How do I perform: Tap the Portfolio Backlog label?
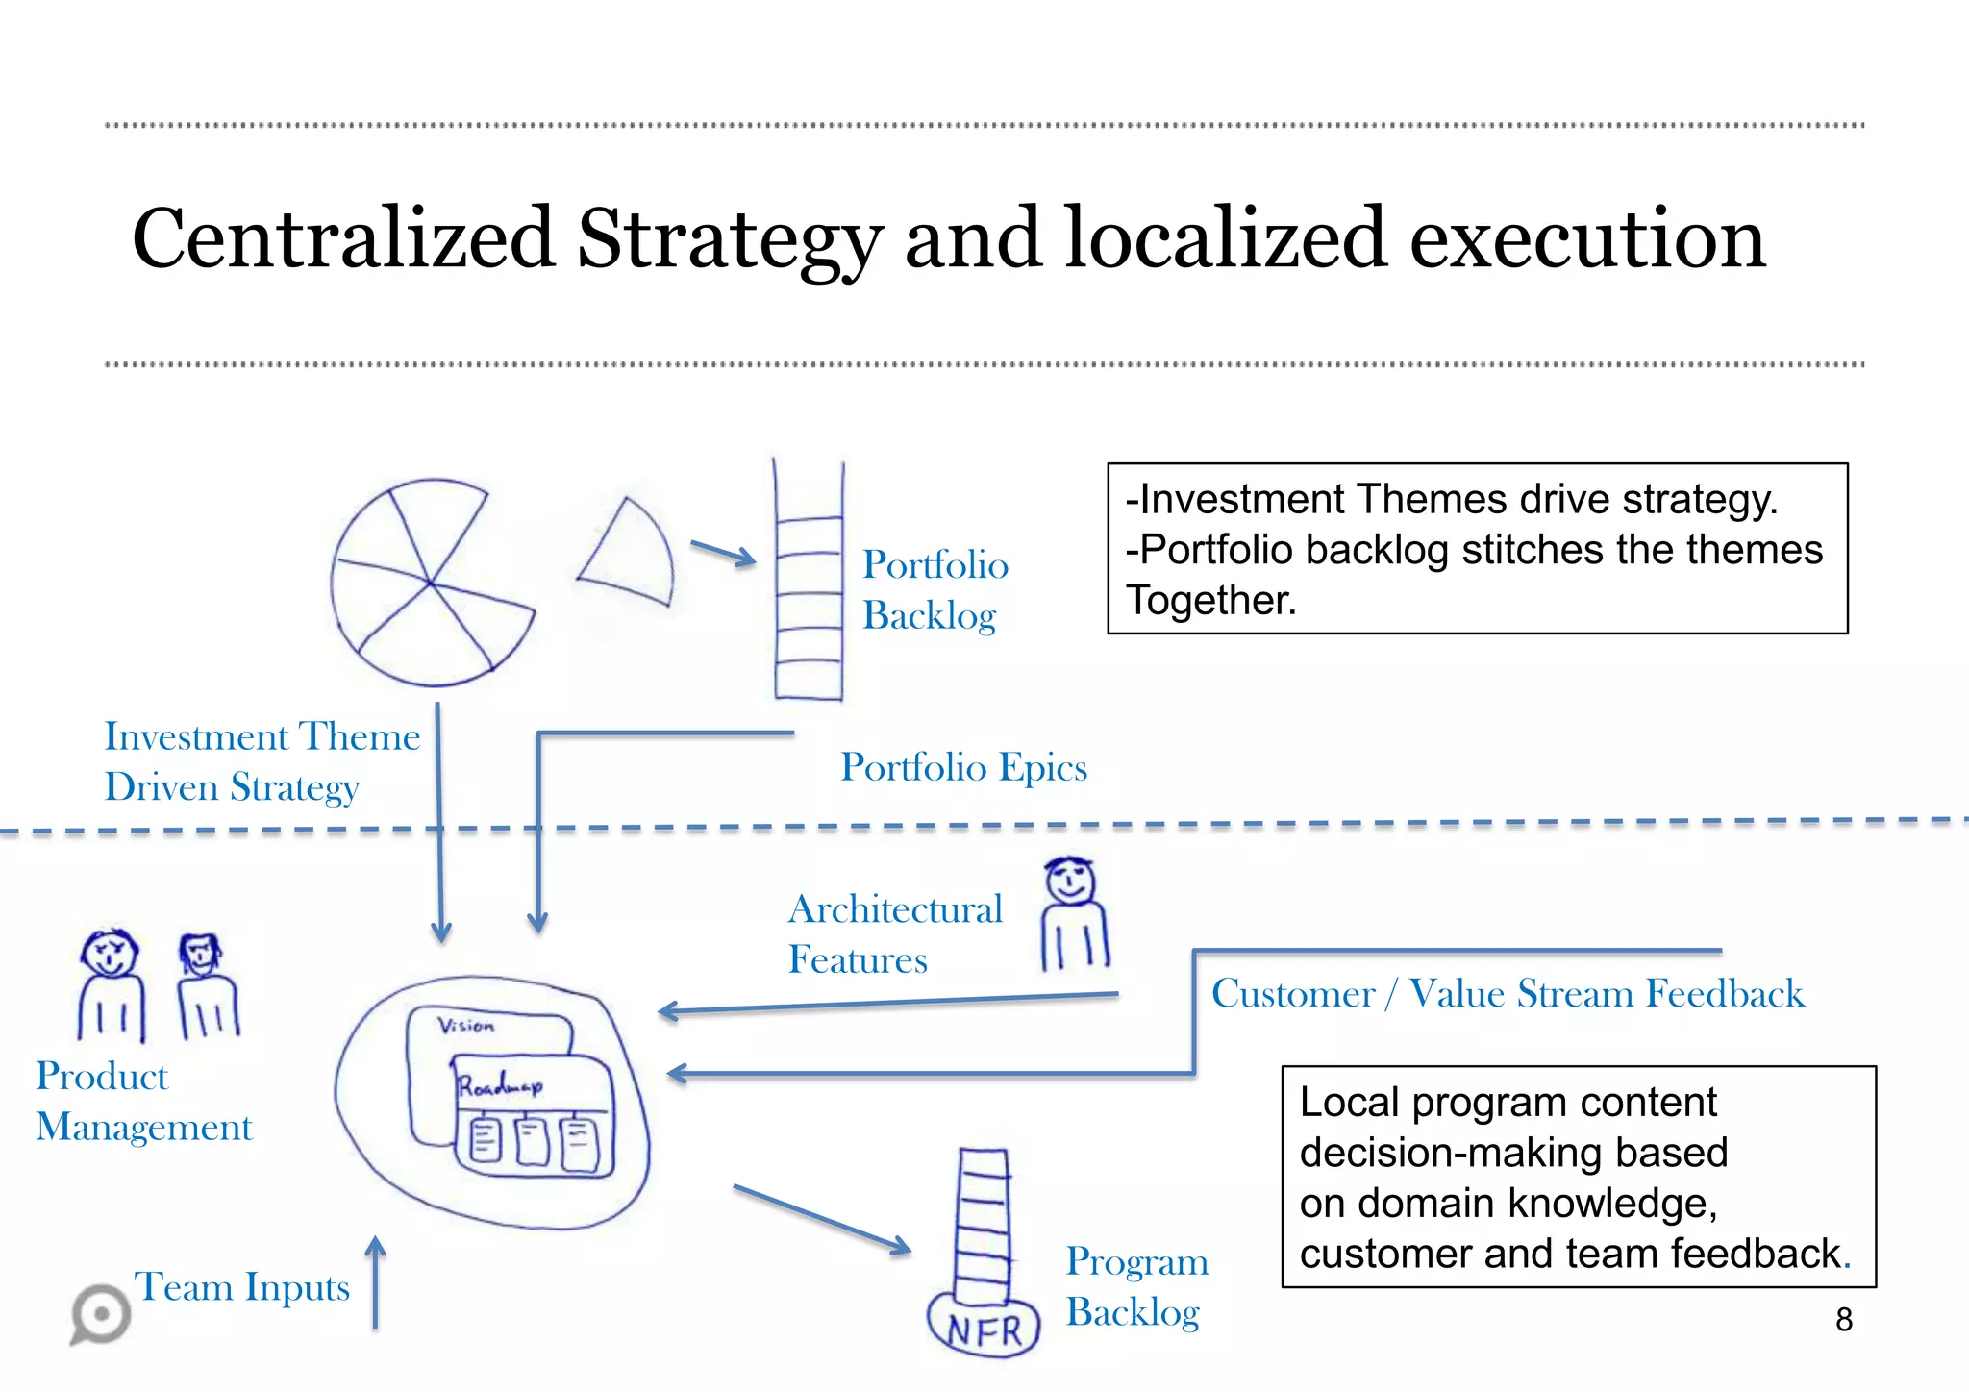[934, 589]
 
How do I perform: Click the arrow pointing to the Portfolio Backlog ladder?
[723, 553]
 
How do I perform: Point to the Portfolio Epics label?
[963, 767]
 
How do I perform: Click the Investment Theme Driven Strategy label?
[262, 761]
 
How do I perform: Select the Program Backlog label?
[1136, 1286]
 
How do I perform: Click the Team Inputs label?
[242, 1286]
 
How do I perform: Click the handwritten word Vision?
[466, 1026]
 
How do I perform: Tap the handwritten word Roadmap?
[500, 1087]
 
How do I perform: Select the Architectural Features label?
[894, 934]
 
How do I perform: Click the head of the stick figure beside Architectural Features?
[1070, 881]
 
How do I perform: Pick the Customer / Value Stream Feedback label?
[1508, 993]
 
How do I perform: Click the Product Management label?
[143, 1102]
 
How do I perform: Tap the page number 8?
[1843, 1320]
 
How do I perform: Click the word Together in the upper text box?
[1210, 601]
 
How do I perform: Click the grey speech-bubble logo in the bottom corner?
[101, 1314]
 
